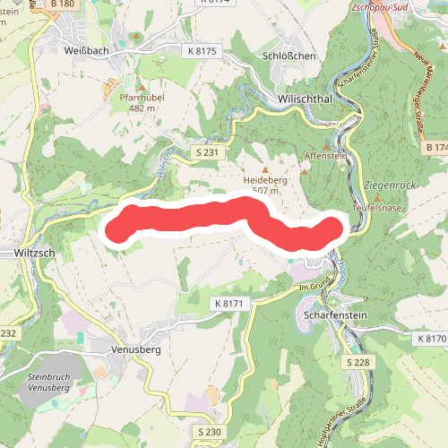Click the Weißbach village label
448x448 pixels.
pos(87,50)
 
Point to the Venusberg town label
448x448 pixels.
pos(135,349)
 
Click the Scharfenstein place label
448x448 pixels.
pos(337,317)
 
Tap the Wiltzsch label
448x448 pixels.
pos(36,254)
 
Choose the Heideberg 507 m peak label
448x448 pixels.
pos(263,185)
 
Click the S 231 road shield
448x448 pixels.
pos(207,153)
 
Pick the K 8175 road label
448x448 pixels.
pos(202,51)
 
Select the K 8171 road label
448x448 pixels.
pos(229,306)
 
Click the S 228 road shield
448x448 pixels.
pos(358,362)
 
